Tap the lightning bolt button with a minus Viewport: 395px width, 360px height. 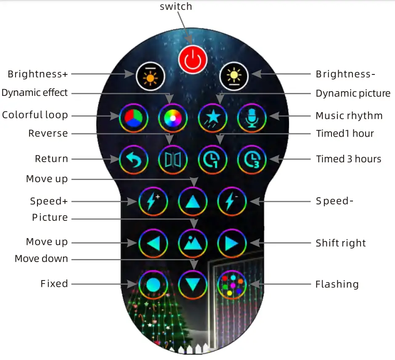[x=232, y=201]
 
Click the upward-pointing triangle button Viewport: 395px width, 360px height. [x=193, y=201]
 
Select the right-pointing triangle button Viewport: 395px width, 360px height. [x=232, y=243]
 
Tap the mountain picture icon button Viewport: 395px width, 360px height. [x=193, y=243]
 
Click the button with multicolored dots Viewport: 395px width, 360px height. [x=232, y=285]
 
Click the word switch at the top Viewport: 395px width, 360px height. [x=176, y=6]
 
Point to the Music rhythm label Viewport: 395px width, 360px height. [x=349, y=116]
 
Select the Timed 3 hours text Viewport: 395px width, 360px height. [x=349, y=159]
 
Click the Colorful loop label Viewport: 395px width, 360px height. [x=35, y=115]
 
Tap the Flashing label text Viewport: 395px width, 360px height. [x=337, y=284]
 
